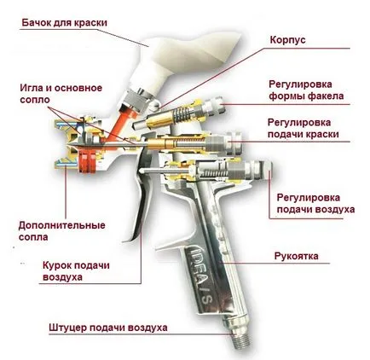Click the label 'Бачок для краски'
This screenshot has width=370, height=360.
[x=65, y=23]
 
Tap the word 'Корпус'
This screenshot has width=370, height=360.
[x=287, y=40]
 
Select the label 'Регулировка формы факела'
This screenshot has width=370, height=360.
[x=306, y=90]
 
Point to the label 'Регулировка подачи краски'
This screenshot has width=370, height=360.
[x=304, y=128]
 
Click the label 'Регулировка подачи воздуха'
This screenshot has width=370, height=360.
[x=315, y=204]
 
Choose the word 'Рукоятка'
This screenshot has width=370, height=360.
[x=297, y=256]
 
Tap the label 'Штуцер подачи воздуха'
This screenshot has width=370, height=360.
[x=108, y=328]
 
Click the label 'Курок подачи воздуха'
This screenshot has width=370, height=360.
[x=76, y=271]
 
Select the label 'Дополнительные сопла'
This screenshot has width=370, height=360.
[x=61, y=231]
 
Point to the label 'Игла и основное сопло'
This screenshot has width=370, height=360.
[x=61, y=94]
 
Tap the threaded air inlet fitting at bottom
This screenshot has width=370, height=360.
[x=242, y=340]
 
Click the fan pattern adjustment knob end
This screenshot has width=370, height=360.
[x=215, y=104]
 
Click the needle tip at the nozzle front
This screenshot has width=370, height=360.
[x=68, y=145]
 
